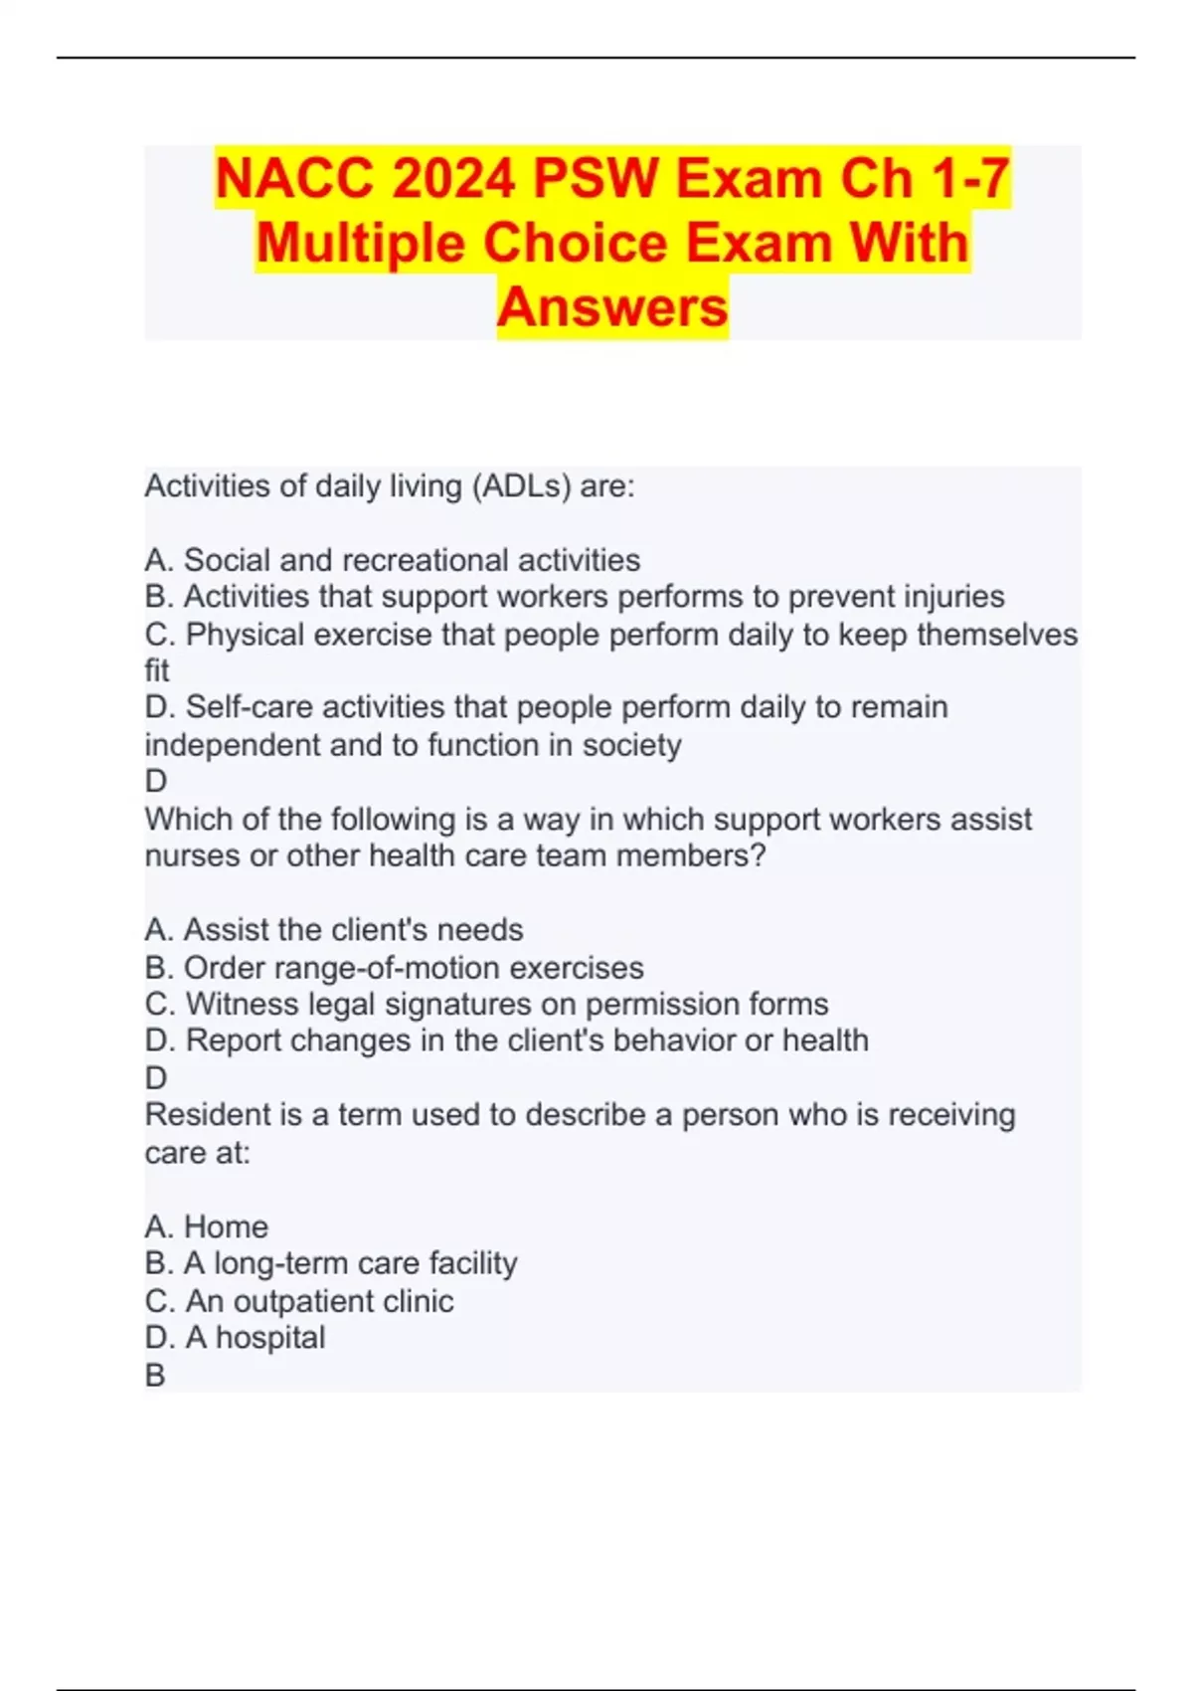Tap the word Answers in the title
coord(612,306)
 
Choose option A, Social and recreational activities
coord(393,560)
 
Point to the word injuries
coord(953,597)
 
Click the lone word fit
coord(157,670)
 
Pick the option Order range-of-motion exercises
coord(395,968)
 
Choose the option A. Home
coord(207,1226)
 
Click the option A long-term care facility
coord(331,1263)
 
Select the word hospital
coord(270,1338)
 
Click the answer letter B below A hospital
coord(155,1376)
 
